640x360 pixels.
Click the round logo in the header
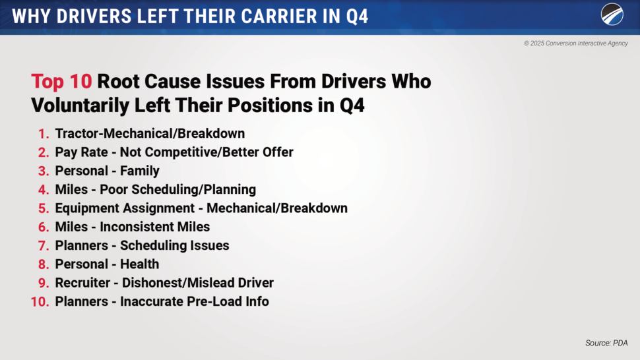tap(612, 15)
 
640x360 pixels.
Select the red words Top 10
tap(61, 81)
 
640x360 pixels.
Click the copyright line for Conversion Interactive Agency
tap(576, 44)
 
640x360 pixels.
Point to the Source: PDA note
tap(606, 343)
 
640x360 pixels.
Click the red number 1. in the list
tap(44, 134)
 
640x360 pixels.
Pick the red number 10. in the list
tap(40, 302)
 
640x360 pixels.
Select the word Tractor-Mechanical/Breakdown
tap(150, 133)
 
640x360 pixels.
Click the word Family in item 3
tap(140, 171)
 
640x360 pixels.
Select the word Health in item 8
tap(140, 264)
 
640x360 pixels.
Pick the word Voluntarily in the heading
tap(80, 105)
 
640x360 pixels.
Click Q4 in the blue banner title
tap(357, 16)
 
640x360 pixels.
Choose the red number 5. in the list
tap(44, 208)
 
